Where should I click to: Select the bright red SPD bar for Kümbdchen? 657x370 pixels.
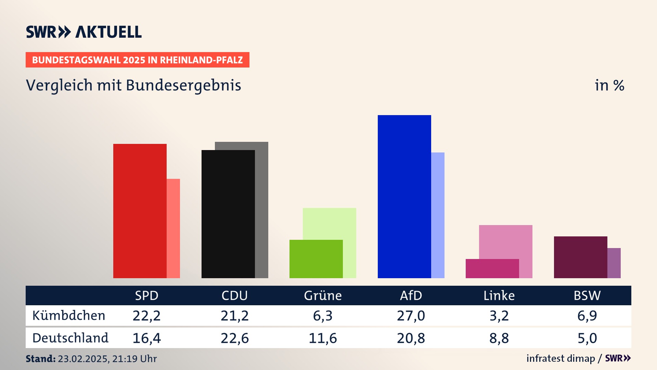pos(140,211)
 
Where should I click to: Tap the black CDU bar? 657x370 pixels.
pos(228,214)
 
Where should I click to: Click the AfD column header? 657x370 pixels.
pos(411,295)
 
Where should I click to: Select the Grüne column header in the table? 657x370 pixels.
pos(323,295)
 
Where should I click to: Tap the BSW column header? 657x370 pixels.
pos(587,295)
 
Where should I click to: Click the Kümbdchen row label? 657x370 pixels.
pos(69,316)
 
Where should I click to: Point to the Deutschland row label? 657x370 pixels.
pos(70,338)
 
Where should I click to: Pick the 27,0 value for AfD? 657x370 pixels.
pos(411,316)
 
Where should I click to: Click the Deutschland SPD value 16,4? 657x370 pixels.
pos(146,338)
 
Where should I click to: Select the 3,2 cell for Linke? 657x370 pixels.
pos(499,316)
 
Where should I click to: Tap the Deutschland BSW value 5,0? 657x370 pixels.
pos(587,338)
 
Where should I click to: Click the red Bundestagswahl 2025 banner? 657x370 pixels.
pos(137,60)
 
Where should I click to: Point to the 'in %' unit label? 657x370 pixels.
pos(609,85)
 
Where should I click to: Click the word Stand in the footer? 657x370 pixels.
pos(40,359)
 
